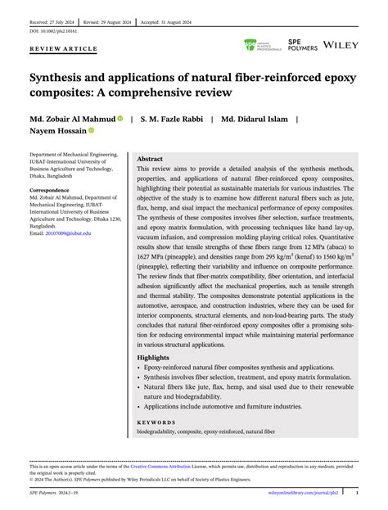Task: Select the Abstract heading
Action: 150,159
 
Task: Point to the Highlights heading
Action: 155,358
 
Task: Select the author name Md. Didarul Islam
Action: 255,119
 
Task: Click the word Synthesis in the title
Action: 62,80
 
